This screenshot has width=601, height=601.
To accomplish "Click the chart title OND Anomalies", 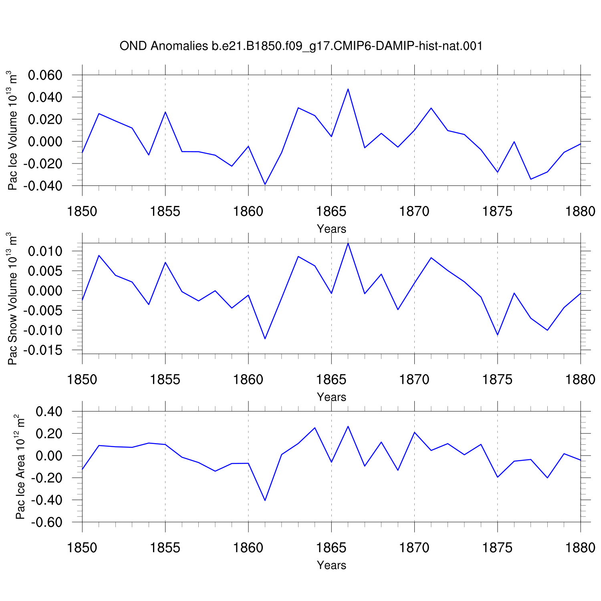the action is click(163, 46).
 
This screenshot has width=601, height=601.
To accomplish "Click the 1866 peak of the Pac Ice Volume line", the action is click(348, 89).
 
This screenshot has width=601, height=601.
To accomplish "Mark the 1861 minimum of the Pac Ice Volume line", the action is click(265, 184).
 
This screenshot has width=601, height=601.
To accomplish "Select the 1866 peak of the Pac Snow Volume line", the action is click(348, 243).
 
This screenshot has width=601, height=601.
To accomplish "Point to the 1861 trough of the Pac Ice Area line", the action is click(265, 500).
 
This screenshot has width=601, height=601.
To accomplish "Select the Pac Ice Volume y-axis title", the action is click(13, 131).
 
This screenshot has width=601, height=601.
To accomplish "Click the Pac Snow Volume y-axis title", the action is click(13, 299).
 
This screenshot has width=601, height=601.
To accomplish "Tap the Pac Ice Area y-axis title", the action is click(20, 467).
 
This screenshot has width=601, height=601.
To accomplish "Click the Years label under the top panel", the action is click(331, 229).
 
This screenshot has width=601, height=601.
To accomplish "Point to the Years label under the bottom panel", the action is click(331, 565).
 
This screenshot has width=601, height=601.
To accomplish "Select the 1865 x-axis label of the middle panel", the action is click(331, 379).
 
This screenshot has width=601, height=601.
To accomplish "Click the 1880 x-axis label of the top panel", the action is click(580, 211).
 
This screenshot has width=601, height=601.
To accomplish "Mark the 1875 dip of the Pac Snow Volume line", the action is click(497, 335).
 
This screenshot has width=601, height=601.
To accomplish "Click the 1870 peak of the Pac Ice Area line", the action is click(414, 432).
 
